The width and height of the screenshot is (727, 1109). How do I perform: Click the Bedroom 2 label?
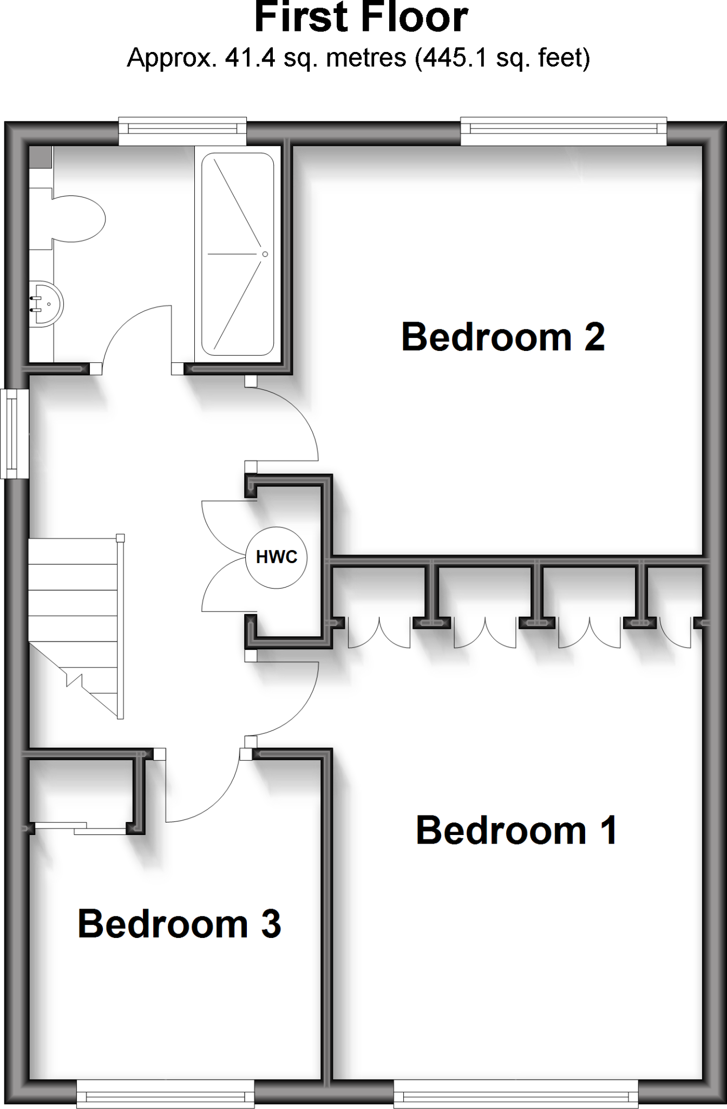(x=503, y=337)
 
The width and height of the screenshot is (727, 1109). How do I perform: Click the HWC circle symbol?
(x=277, y=557)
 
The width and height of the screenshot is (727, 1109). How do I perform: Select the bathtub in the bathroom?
(x=238, y=254)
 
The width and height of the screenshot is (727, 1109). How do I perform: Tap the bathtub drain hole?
(x=265, y=254)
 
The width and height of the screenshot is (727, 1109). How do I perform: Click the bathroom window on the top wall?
(x=182, y=129)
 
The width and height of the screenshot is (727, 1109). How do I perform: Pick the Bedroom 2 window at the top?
(x=563, y=129)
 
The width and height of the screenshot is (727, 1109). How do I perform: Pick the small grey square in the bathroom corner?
(x=40, y=156)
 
